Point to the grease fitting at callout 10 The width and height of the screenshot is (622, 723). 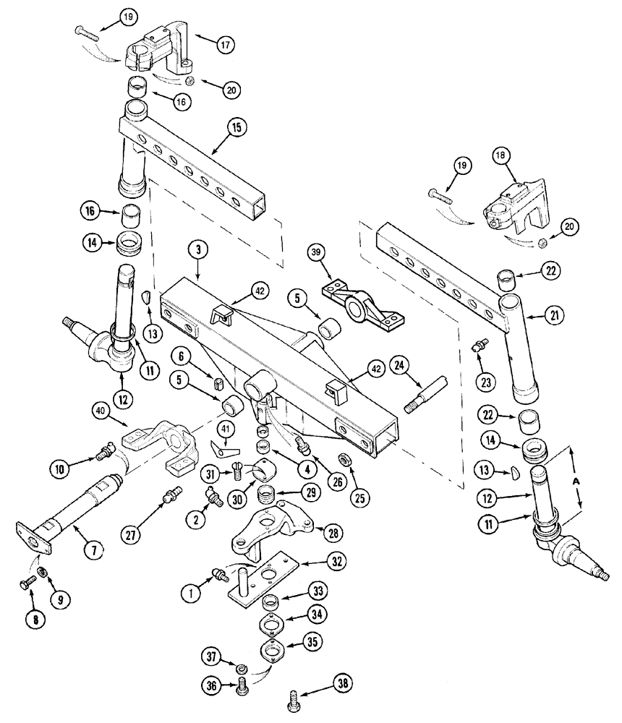click(x=103, y=453)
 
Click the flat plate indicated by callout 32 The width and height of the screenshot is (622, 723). click(x=264, y=575)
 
